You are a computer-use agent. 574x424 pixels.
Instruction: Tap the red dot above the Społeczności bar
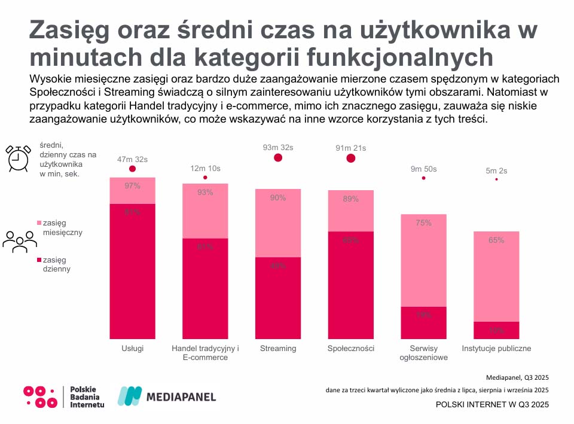351,158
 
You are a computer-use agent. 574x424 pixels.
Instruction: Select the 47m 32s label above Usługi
132,159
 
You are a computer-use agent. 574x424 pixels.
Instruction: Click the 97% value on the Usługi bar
132,186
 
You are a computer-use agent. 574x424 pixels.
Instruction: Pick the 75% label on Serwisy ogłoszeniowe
423,223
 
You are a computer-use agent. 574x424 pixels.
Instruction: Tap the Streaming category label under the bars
277,349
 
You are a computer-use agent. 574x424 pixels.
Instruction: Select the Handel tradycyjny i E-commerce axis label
205,353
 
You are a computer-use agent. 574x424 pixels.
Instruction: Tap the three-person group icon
20,240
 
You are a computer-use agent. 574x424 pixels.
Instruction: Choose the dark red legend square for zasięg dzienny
39,260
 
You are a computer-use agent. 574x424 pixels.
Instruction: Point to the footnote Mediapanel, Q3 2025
517,377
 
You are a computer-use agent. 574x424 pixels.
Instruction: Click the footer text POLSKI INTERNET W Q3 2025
492,405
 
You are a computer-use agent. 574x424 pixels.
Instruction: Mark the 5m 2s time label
496,170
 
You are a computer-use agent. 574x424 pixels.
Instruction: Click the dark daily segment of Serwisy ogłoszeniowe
423,323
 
